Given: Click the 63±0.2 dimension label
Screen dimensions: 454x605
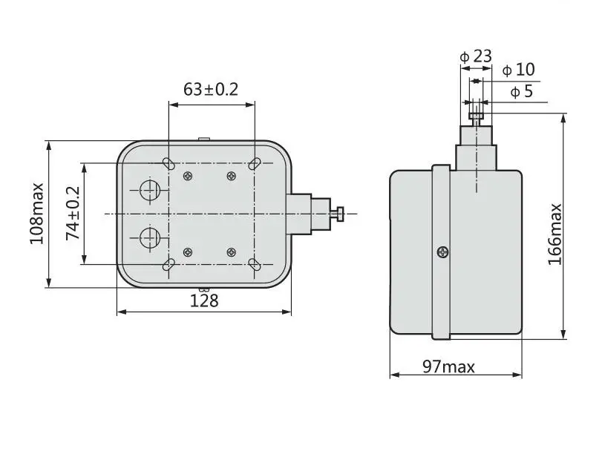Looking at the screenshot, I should pyautogui.click(x=211, y=90).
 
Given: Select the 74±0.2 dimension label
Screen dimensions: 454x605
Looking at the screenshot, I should pyautogui.click(x=73, y=213).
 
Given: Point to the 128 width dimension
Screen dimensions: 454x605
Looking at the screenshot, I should pyautogui.click(x=204, y=300).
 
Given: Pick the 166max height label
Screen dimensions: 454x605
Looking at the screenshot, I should pyautogui.click(x=555, y=234).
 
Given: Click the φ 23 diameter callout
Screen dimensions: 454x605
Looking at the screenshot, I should pyautogui.click(x=476, y=56).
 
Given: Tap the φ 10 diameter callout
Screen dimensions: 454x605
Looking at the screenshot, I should pyautogui.click(x=518, y=70).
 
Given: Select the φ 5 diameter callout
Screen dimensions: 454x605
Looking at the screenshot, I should pyautogui.click(x=521, y=92).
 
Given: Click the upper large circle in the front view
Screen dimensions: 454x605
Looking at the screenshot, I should pyautogui.click(x=150, y=191).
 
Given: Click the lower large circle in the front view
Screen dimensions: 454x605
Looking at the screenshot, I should pyautogui.click(x=150, y=237).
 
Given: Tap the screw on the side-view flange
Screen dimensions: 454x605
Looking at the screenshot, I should pyautogui.click(x=442, y=252).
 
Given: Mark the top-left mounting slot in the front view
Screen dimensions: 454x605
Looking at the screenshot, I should pyautogui.click(x=169, y=164).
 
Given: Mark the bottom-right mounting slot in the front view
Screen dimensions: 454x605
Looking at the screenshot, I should pyautogui.click(x=255, y=264).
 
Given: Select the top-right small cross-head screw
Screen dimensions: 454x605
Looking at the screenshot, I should pyautogui.click(x=232, y=176).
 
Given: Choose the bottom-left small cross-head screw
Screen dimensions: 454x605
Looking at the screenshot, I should pyautogui.click(x=188, y=252).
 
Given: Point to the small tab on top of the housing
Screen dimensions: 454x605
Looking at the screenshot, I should pyautogui.click(x=206, y=138).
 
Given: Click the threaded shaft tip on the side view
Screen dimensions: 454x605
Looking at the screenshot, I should pyautogui.click(x=476, y=115).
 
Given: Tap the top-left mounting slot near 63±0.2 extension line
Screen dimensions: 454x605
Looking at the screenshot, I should pyautogui.click(x=169, y=164).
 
